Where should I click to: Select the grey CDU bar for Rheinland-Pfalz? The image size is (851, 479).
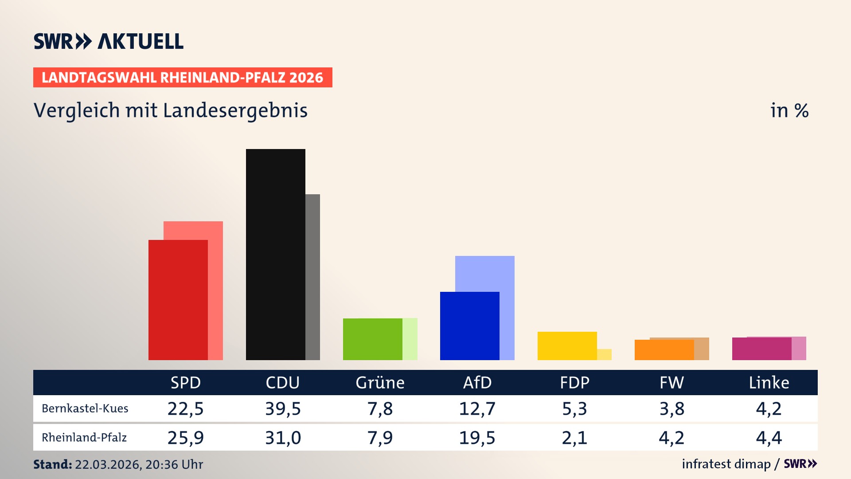pos(312,277)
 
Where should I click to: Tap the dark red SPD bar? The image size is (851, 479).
pos(178,300)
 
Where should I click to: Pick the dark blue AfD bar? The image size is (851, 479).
pos(469,326)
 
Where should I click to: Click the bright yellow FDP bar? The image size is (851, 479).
pos(567,346)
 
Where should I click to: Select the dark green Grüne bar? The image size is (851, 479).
pos(372,339)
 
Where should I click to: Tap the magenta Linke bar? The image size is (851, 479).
pos(761,349)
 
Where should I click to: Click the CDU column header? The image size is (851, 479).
pos(283,383)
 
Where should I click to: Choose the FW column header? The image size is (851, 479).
pos(671,383)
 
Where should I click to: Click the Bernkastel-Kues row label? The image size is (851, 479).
pos(85,408)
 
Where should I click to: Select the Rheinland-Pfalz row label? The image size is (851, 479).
pos(84,438)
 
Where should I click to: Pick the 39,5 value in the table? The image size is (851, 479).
pos(283,408)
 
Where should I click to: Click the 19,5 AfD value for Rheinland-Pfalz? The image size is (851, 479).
pos(477,438)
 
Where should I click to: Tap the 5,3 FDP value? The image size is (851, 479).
pos(574,408)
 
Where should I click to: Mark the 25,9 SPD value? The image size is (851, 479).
pos(185,438)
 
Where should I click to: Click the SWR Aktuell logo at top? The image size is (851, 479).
pos(109,41)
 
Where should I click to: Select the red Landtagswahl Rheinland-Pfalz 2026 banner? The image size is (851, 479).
pos(183,78)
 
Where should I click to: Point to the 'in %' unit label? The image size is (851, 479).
pos(789,110)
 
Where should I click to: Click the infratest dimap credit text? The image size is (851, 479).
pos(726,464)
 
